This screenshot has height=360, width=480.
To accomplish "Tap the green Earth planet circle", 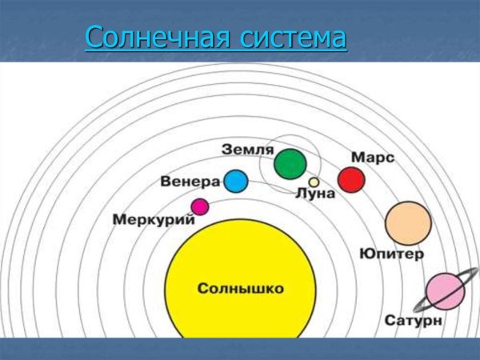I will click(x=290, y=164).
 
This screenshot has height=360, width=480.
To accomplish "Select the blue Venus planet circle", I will click(x=235, y=182).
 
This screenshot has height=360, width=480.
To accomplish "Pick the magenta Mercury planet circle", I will click(x=199, y=207).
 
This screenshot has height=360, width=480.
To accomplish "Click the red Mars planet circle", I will click(x=350, y=179).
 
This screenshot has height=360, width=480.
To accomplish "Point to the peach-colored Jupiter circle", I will click(x=408, y=222).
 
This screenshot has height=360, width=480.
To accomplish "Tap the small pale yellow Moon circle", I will click(x=314, y=182).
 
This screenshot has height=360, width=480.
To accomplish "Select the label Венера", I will click(x=190, y=181).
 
